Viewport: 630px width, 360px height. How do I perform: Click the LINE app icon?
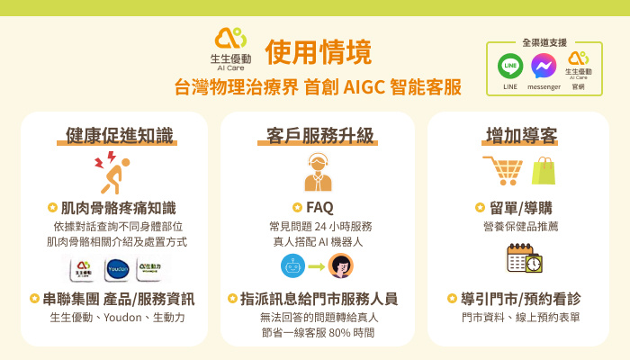[510, 67]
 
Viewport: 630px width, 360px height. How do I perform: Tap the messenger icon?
[544, 67]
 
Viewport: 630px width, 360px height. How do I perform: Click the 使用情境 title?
[319, 51]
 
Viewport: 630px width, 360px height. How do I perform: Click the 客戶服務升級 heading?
[319, 136]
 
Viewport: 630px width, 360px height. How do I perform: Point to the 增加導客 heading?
[521, 136]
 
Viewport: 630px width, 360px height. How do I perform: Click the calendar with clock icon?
[524, 258]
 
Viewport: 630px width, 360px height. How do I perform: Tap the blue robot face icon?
[292, 265]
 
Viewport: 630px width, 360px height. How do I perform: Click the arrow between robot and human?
[317, 266]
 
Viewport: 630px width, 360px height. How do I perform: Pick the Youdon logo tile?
[119, 268]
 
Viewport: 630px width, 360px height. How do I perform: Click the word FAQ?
[319, 208]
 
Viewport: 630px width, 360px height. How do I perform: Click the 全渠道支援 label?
[544, 42]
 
